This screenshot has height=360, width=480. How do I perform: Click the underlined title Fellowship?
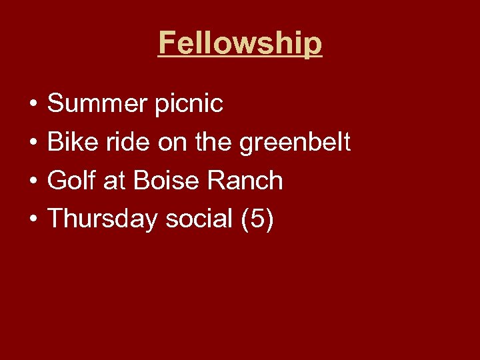point(240,43)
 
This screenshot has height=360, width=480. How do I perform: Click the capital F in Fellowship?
point(167,43)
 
